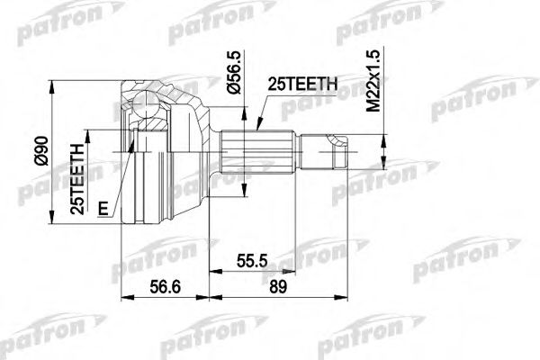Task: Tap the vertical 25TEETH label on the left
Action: click(x=79, y=176)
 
